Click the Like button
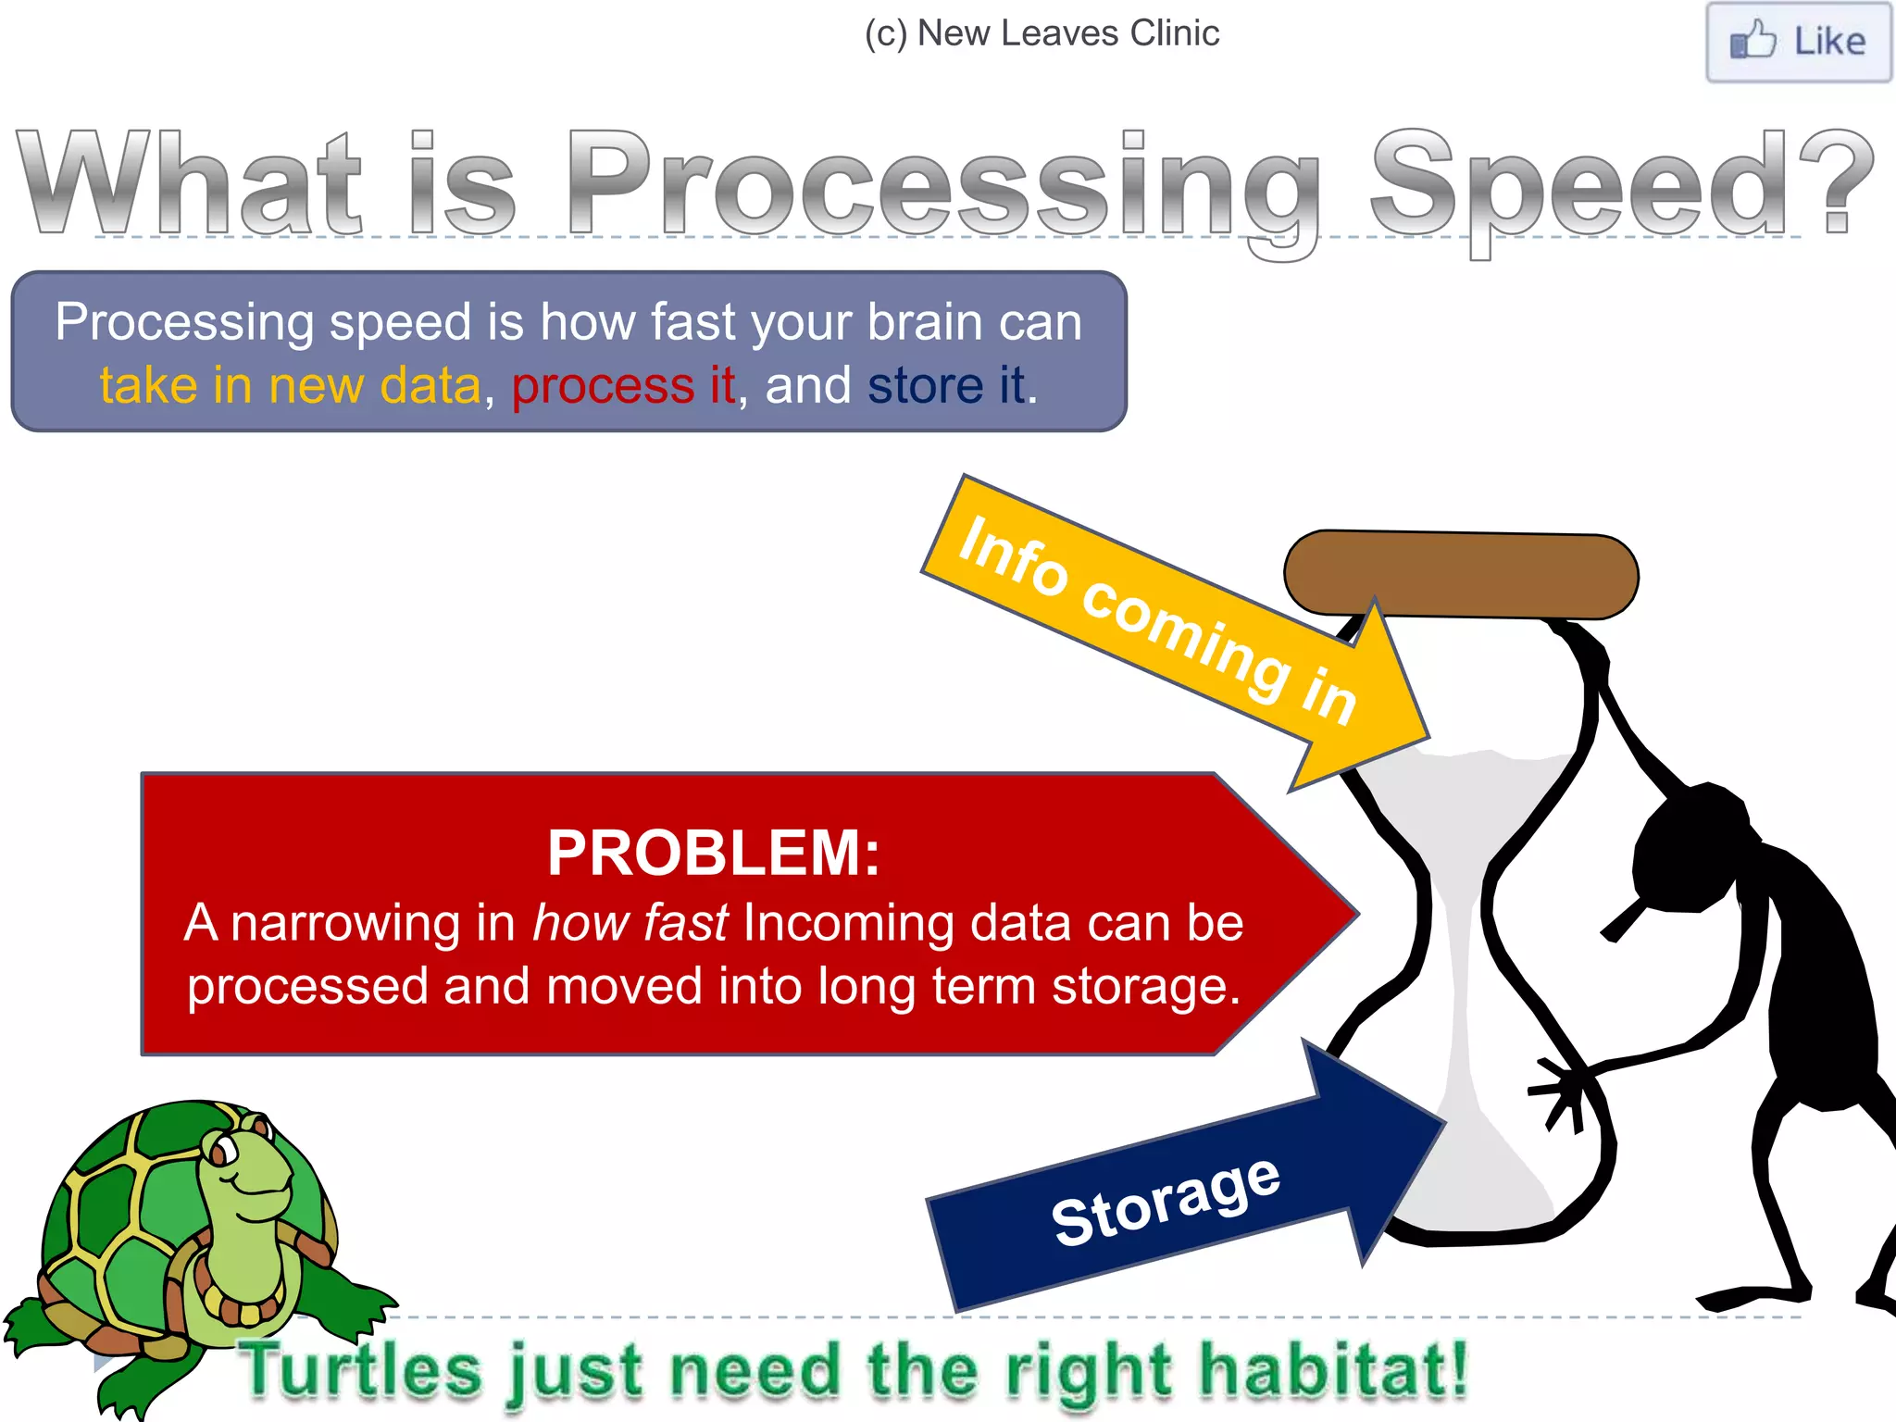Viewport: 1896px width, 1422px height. pos(1798,43)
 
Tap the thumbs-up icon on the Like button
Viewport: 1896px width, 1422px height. pos(1752,41)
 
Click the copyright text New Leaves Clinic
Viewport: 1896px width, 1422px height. pos(1042,33)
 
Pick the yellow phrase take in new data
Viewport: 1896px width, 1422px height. pos(290,385)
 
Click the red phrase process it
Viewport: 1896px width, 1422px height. pos(623,385)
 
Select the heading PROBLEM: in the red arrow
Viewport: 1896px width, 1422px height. pos(713,853)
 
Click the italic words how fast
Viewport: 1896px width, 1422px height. pos(630,923)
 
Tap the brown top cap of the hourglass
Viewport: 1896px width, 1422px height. pos(1461,574)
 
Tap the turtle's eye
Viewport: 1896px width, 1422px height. pos(223,1151)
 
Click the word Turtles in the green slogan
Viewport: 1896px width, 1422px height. pos(361,1371)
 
